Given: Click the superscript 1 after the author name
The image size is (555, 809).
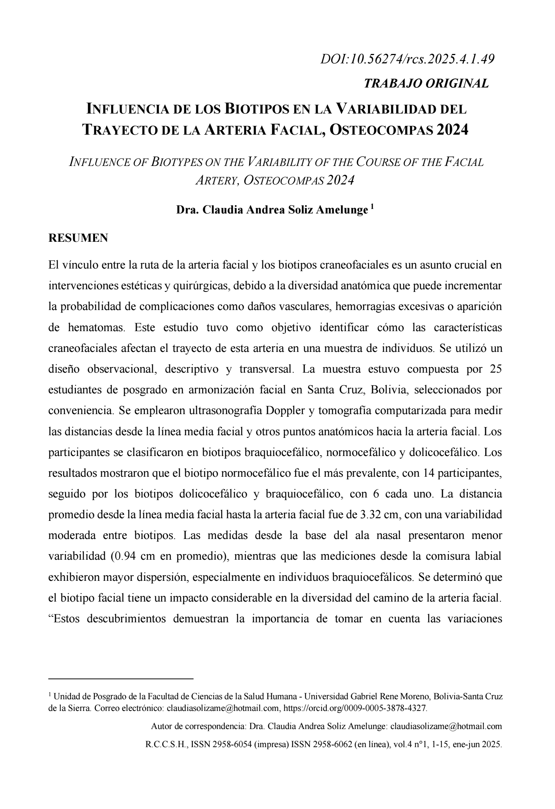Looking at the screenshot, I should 372,207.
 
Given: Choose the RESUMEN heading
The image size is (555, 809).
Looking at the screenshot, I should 78,238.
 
